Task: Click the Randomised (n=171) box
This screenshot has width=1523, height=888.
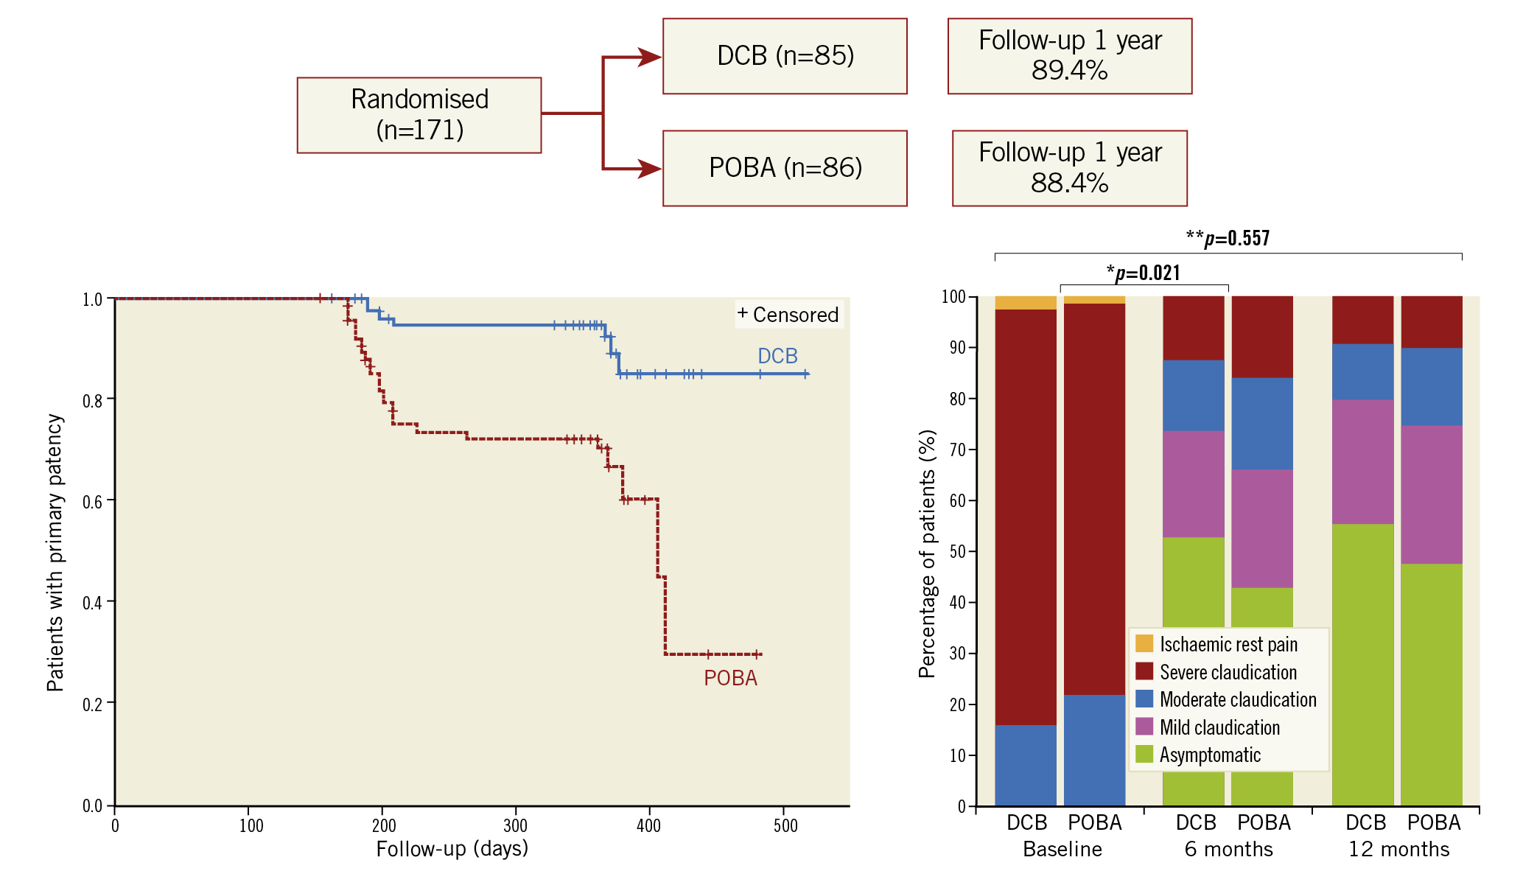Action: pyautogui.click(x=419, y=115)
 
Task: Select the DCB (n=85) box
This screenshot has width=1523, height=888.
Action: pyautogui.click(x=785, y=56)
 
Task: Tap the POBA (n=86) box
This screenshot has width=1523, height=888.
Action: pyautogui.click(x=785, y=168)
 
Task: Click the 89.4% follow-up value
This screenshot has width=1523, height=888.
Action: pyautogui.click(x=1069, y=71)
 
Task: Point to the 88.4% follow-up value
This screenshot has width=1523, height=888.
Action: pyautogui.click(x=1069, y=183)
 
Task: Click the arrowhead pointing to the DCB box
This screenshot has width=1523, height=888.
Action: pyautogui.click(x=649, y=57)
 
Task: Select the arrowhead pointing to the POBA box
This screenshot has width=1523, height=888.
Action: pyautogui.click(x=649, y=169)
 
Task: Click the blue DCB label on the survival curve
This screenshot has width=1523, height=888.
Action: pyautogui.click(x=777, y=356)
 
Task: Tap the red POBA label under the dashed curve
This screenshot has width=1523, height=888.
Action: pyautogui.click(x=730, y=678)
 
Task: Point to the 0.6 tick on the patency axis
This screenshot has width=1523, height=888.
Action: pyautogui.click(x=94, y=502)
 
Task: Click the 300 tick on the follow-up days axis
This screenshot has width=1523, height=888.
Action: pyautogui.click(x=515, y=825)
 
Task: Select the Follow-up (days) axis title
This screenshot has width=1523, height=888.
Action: pyautogui.click(x=452, y=849)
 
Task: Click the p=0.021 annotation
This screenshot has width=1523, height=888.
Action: pyautogui.click(x=1144, y=273)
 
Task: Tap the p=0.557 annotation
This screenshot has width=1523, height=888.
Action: pyautogui.click(x=1228, y=238)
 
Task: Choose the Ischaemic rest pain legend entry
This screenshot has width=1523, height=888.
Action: pyautogui.click(x=1228, y=644)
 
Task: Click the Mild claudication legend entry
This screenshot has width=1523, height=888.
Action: pyautogui.click(x=1219, y=727)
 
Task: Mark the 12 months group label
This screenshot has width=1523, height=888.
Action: pyautogui.click(x=1398, y=849)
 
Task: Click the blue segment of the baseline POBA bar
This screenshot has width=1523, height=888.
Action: pyautogui.click(x=1094, y=749)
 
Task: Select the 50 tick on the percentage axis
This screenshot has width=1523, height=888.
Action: pyautogui.click(x=958, y=551)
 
